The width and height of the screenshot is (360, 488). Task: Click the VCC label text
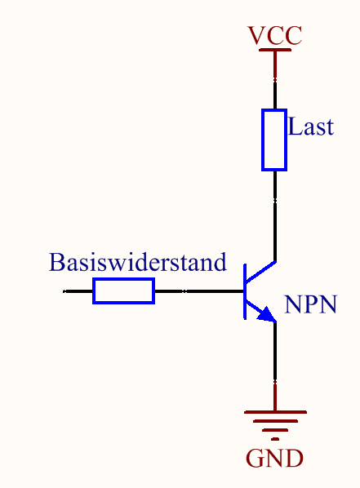[274, 35]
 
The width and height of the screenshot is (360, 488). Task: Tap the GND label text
[274, 458]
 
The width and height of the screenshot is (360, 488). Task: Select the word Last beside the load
[311, 126]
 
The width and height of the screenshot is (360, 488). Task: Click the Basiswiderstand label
[138, 262]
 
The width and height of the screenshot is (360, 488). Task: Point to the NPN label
[310, 304]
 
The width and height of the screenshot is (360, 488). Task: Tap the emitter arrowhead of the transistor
[268, 315]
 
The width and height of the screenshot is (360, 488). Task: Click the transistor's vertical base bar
[245, 291]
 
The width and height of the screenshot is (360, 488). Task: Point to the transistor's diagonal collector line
[261, 272]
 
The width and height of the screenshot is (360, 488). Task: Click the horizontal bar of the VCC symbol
[275, 50]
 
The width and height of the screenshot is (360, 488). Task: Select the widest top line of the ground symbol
[275, 412]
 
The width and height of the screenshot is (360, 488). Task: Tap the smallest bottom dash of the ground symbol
[275, 439]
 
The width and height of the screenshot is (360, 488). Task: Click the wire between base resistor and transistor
[199, 291]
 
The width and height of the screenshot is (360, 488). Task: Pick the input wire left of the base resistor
[78, 291]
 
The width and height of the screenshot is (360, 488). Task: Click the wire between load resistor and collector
[275, 215]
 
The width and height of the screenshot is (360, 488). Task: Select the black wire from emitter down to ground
[275, 352]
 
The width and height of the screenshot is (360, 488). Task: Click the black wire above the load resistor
[275, 95]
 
